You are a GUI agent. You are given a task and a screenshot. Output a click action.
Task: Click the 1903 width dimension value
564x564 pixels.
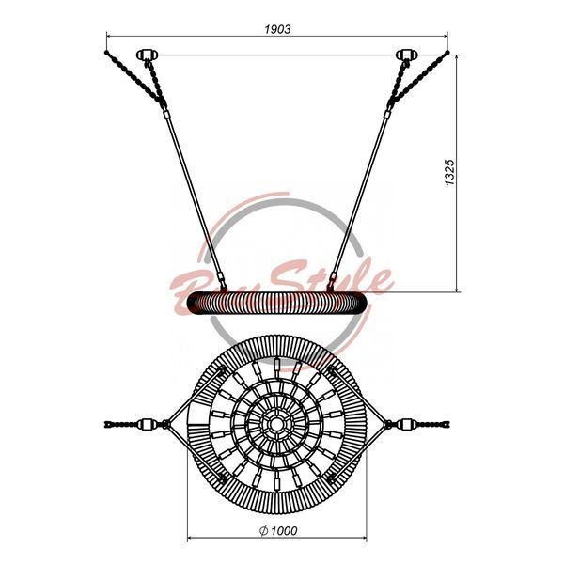point(277,29)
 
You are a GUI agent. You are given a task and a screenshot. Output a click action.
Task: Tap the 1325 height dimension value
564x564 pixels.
point(449,172)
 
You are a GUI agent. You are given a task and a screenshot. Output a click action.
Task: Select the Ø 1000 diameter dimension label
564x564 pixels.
point(278,530)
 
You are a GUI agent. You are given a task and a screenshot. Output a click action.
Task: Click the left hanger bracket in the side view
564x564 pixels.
point(148,55)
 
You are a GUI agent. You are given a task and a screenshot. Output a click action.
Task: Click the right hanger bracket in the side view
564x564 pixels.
point(406,55)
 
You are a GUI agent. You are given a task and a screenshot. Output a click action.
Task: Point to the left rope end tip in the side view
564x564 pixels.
point(106,52)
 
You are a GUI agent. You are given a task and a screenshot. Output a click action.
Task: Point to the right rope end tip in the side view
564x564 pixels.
point(447,52)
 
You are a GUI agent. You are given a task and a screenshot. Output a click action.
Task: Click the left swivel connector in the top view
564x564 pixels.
point(146,425)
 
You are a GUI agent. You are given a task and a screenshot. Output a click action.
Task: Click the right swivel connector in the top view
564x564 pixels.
point(407,425)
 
